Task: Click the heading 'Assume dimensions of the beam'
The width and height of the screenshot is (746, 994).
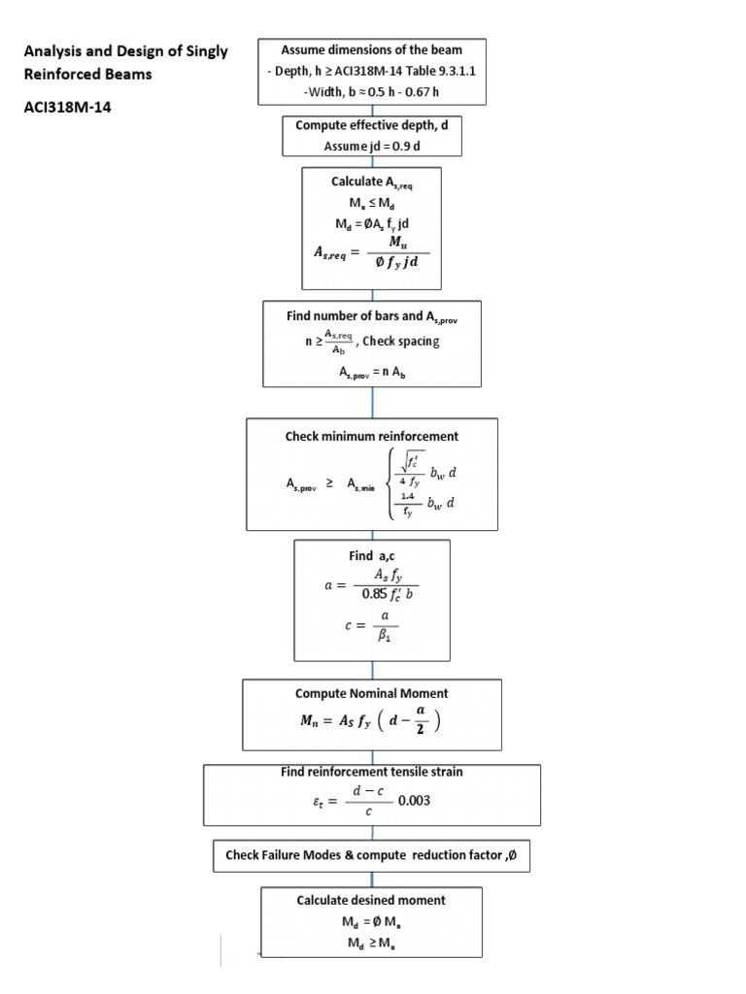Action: tap(371, 50)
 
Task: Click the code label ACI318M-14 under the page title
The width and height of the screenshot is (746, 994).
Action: tap(64, 108)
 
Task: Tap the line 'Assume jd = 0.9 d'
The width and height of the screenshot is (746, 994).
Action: tap(372, 147)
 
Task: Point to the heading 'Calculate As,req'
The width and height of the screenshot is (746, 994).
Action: tap(372, 182)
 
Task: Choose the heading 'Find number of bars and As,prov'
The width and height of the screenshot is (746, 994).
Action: tap(372, 316)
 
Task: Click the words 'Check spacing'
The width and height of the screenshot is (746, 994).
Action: tap(401, 341)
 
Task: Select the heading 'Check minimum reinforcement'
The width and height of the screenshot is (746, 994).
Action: tap(372, 436)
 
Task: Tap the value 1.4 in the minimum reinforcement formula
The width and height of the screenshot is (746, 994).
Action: tap(408, 495)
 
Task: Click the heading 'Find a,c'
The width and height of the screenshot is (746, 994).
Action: tap(372, 556)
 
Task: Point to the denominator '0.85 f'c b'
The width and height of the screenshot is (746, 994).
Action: tap(388, 595)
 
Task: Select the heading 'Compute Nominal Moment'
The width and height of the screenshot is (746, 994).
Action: tap(372, 693)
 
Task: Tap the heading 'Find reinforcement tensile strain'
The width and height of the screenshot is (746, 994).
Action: tap(372, 772)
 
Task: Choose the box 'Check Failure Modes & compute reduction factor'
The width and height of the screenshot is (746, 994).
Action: tap(372, 855)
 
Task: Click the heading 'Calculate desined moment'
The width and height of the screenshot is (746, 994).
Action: tap(372, 900)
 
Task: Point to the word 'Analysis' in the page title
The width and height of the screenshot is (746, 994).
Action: tap(50, 51)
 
